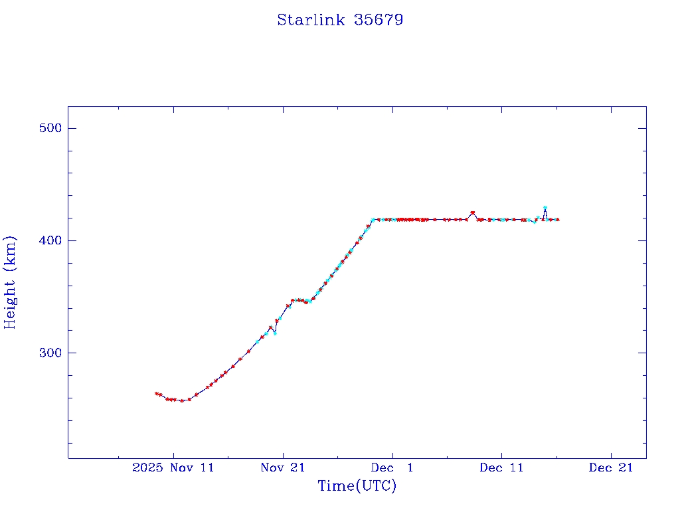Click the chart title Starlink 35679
coord(340,20)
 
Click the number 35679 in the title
coord(379,20)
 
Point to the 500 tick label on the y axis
coord(48,128)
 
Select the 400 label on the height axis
coord(48,240)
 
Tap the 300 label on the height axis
coord(48,353)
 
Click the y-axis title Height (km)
coord(10,282)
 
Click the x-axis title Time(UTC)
coord(357,486)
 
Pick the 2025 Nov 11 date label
coord(173,467)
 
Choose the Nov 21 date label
coord(283,467)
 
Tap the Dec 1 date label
coord(392,467)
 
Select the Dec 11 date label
coord(501,467)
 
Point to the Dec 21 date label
coord(611,467)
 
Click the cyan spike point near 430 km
coord(545,208)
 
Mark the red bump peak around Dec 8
coord(472,212)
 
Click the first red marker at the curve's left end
coord(156,394)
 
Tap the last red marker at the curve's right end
coord(557,219)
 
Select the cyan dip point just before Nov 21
coord(275,333)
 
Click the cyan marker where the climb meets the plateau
coord(373,220)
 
